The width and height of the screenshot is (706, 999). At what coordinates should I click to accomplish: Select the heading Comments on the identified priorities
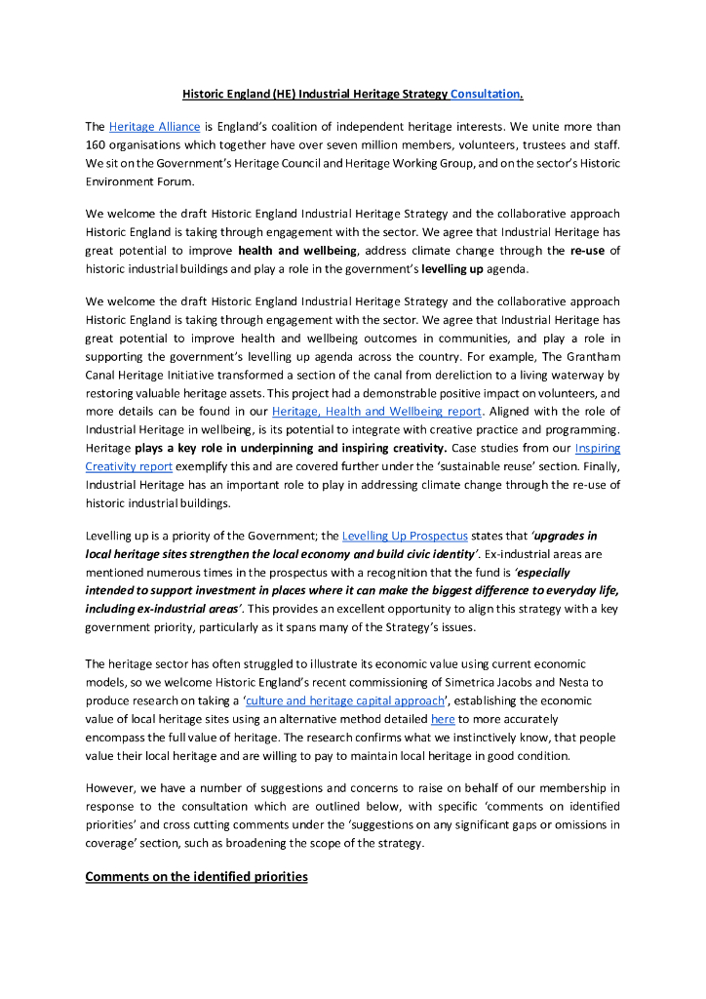[196, 876]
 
